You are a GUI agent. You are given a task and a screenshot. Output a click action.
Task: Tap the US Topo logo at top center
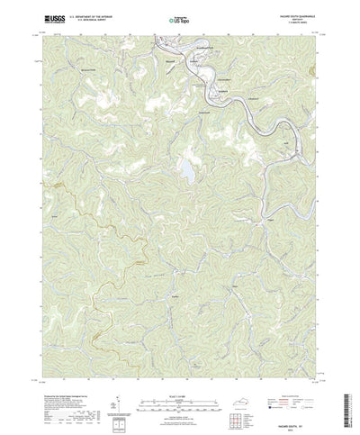pos(179,17)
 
